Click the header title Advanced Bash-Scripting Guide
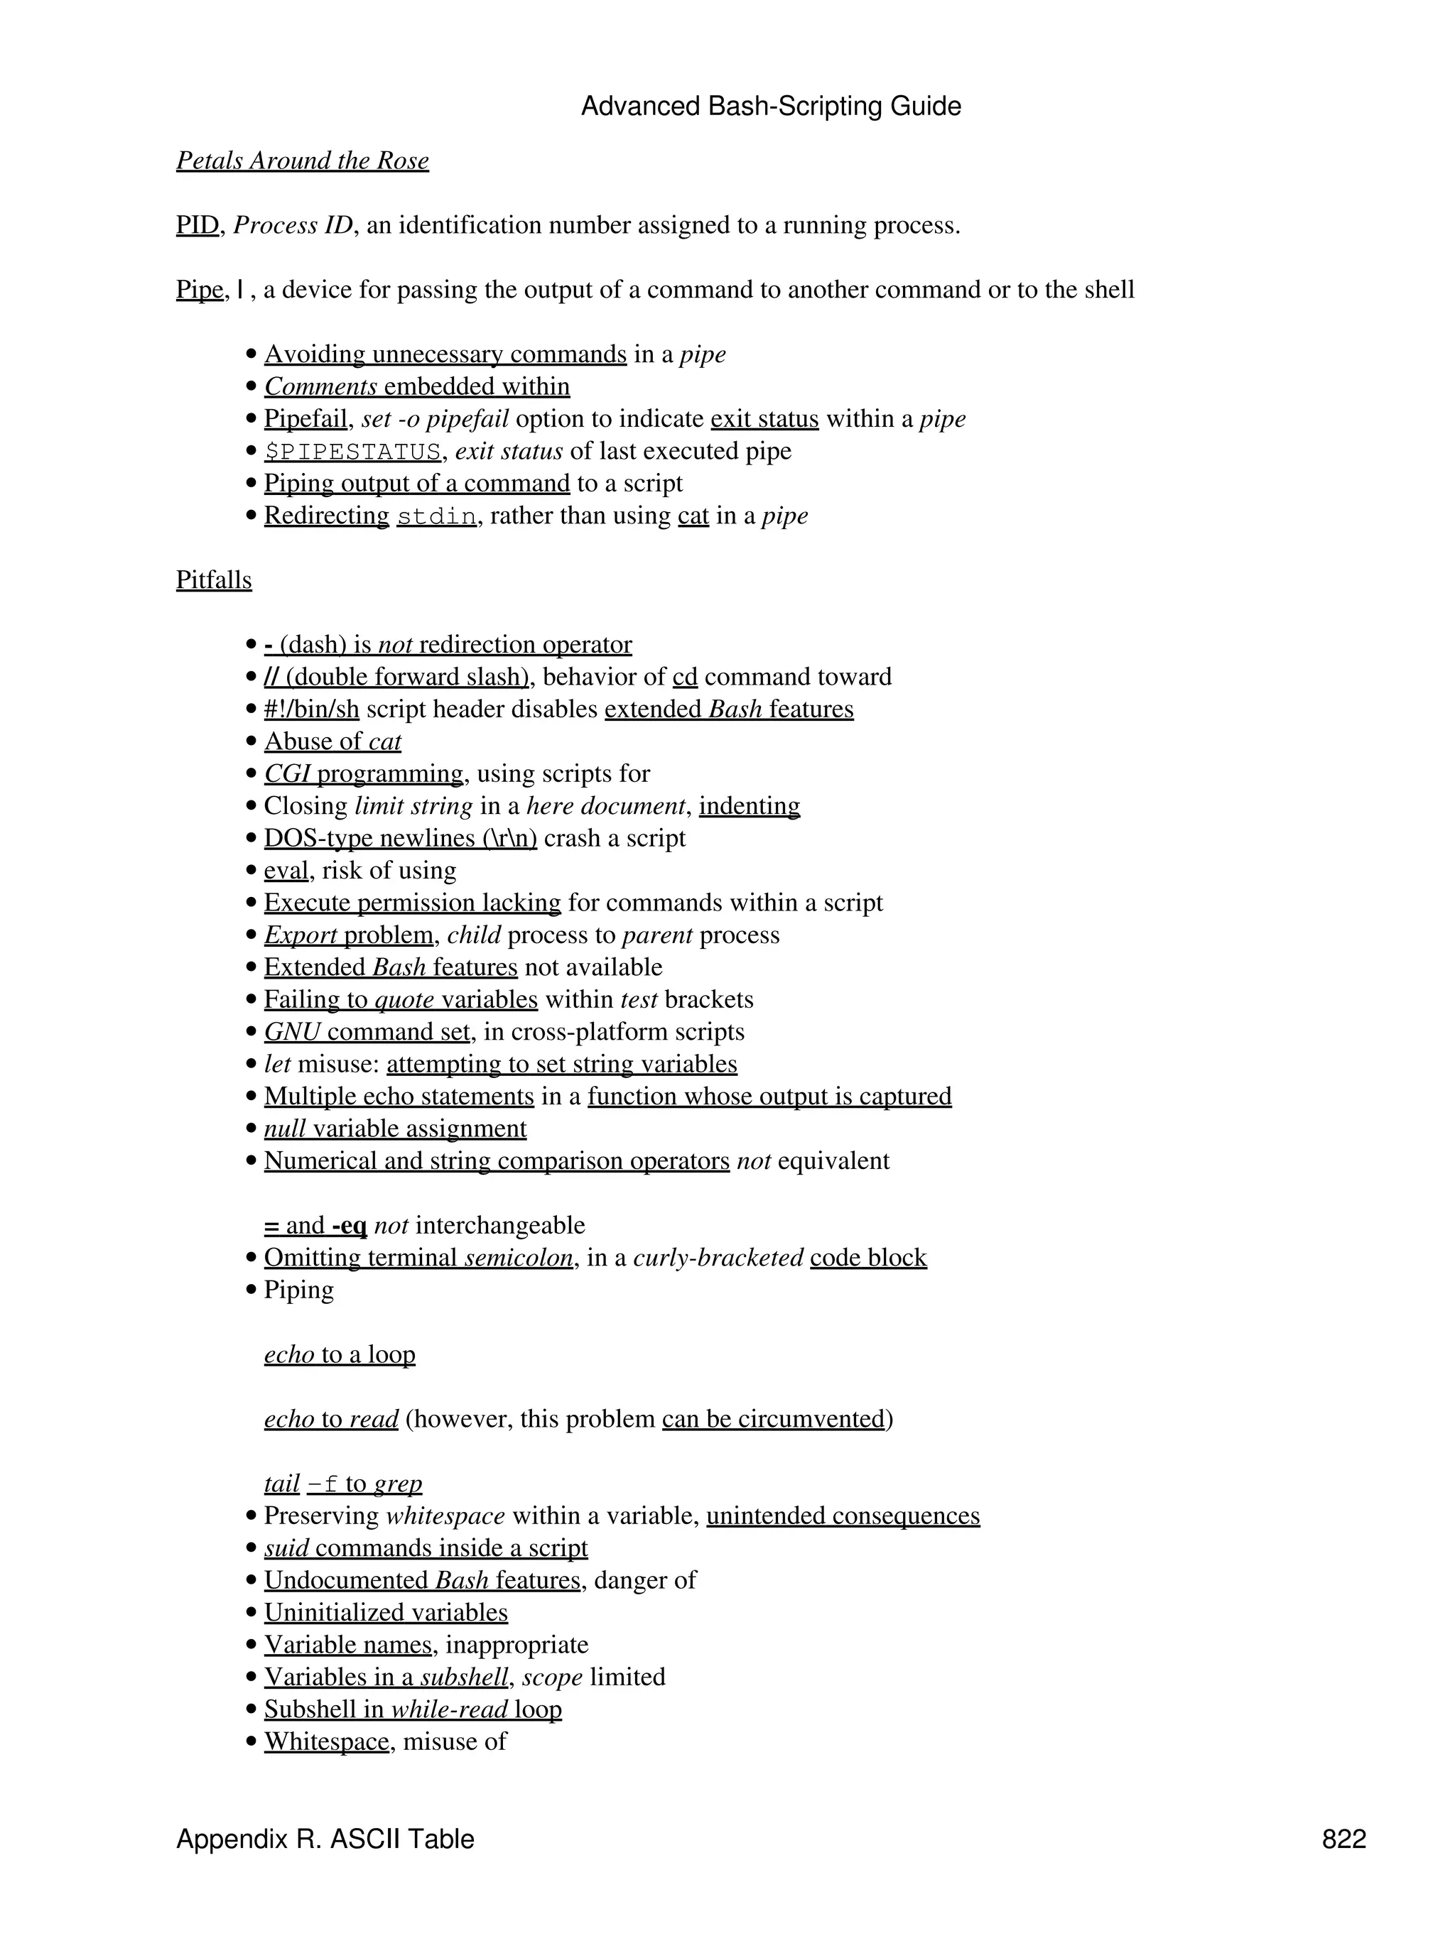[x=770, y=107]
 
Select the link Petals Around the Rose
[x=302, y=161]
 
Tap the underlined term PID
[x=197, y=226]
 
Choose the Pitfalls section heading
[x=214, y=580]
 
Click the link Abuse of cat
[x=332, y=742]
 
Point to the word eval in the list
[x=286, y=871]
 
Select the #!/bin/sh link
[x=312, y=709]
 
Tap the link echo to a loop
[x=340, y=1355]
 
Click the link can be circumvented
[x=773, y=1419]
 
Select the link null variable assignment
[x=395, y=1129]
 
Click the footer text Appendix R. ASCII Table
[x=325, y=1839]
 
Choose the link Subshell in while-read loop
[x=412, y=1709]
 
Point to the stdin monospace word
[x=437, y=516]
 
